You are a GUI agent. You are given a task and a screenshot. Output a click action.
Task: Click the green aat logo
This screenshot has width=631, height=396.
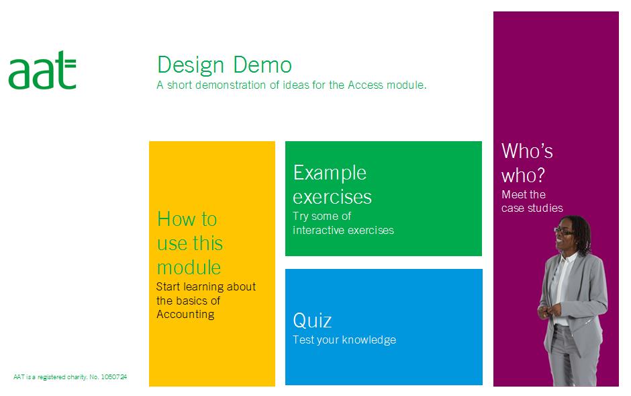tap(42, 70)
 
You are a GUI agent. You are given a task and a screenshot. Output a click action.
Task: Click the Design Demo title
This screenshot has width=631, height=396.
tap(224, 65)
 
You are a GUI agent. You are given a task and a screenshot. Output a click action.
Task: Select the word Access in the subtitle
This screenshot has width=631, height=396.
tap(365, 85)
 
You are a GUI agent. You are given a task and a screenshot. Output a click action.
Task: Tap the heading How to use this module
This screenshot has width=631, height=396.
tap(190, 243)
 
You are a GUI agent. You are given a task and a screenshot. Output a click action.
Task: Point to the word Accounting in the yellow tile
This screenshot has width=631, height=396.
tap(185, 314)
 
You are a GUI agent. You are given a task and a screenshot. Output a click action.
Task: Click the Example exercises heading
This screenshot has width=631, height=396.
tap(332, 184)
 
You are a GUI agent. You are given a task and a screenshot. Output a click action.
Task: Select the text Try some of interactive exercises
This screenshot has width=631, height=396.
tap(343, 223)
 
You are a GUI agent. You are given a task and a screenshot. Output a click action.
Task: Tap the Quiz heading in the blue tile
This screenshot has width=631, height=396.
tap(312, 321)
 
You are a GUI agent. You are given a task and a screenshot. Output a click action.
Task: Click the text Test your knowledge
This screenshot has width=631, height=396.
tap(344, 340)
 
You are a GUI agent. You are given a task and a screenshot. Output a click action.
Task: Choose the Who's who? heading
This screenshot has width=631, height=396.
tap(527, 163)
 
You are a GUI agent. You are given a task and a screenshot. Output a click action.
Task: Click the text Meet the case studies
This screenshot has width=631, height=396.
tap(532, 202)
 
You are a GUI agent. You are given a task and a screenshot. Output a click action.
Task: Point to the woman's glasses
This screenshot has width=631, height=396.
tap(563, 231)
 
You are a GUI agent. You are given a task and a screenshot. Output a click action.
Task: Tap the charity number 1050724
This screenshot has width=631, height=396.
tap(114, 377)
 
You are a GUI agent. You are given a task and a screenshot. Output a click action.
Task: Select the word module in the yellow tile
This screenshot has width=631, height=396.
tap(189, 268)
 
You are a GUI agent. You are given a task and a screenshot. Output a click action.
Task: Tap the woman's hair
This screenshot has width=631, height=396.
tap(581, 232)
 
